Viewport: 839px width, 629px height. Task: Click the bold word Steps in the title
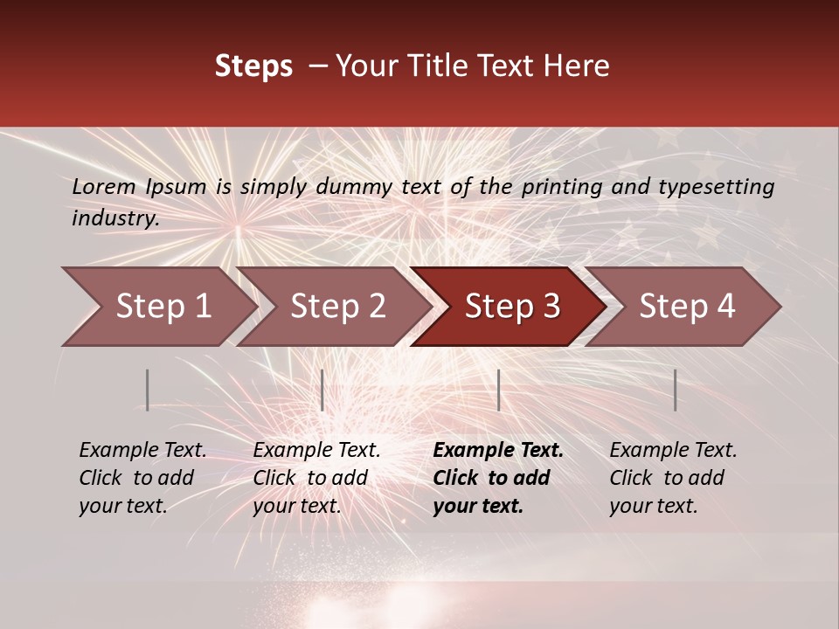click(x=253, y=66)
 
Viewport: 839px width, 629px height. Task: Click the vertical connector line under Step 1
click(x=148, y=390)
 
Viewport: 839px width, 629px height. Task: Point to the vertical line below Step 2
click(x=322, y=390)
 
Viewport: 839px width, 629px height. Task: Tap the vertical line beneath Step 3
click(x=498, y=390)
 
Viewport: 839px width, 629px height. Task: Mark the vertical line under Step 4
click(x=676, y=390)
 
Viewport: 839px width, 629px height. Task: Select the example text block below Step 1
click(x=142, y=478)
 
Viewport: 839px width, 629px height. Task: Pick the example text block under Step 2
click(x=315, y=478)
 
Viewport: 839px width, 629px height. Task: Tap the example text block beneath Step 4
click(x=672, y=478)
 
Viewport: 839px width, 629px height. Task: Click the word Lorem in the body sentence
click(x=104, y=187)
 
